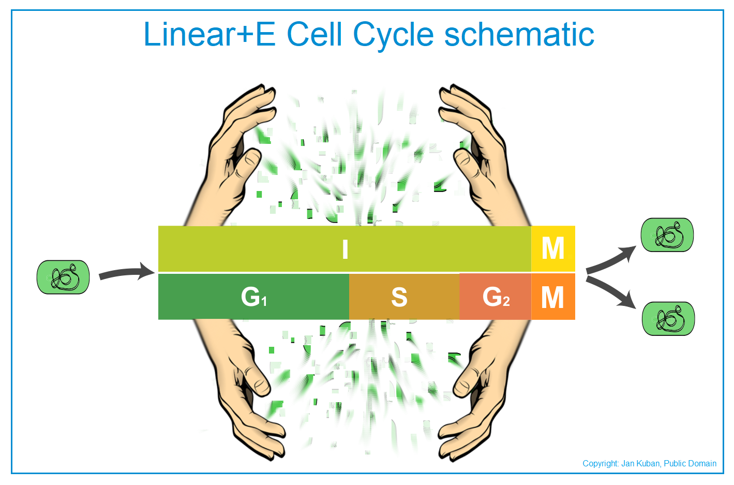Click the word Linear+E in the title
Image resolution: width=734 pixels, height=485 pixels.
click(209, 34)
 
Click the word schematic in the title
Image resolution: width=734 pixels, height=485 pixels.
click(519, 34)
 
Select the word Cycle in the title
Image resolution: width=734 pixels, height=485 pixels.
click(393, 37)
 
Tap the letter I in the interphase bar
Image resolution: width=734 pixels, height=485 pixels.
click(345, 249)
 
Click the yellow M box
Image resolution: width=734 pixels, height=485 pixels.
click(553, 248)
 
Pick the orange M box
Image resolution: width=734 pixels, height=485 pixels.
click(553, 297)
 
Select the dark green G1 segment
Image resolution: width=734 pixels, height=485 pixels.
click(253, 297)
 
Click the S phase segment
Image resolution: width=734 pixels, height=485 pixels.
click(405, 297)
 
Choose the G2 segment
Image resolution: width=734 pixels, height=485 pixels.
click(496, 297)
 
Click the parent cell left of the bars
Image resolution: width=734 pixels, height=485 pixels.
click(63, 277)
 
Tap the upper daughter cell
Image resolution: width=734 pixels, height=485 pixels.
click(667, 235)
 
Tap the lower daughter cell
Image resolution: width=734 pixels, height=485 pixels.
click(668, 318)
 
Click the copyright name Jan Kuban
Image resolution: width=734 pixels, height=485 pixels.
click(641, 463)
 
